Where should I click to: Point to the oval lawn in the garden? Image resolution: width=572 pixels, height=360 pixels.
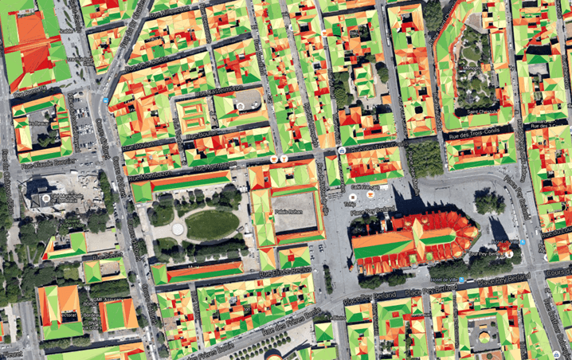click(x=211, y=224)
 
